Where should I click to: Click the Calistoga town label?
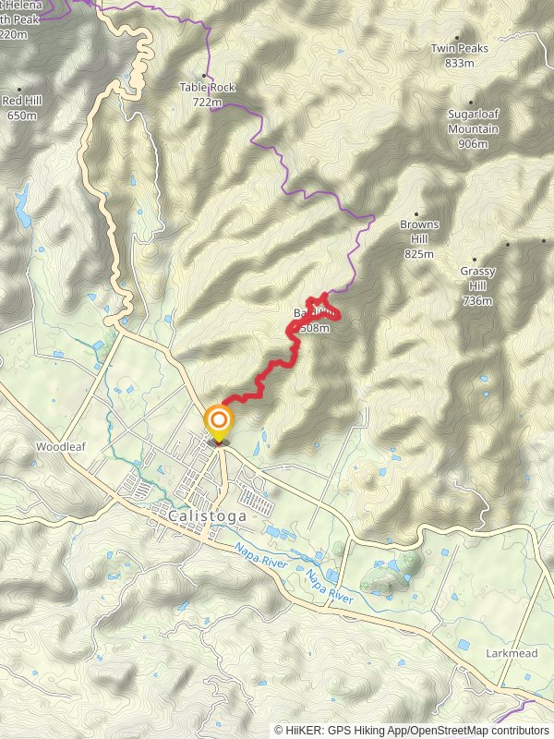208,516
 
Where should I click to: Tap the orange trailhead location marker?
219,424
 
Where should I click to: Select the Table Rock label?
207,88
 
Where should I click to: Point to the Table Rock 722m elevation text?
207,102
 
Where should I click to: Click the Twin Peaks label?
459,48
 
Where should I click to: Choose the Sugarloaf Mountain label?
473,123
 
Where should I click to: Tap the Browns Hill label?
419,232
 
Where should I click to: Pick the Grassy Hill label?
477,279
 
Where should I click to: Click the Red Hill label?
21,102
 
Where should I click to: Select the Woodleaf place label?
60,446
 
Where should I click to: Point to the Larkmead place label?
510,652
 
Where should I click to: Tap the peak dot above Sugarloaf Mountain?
473,103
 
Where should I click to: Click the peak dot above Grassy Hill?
476,260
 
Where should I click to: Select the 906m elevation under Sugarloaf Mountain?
473,143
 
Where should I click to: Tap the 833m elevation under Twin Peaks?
459,63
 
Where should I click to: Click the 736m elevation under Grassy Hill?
477,300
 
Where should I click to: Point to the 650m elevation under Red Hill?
21,115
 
